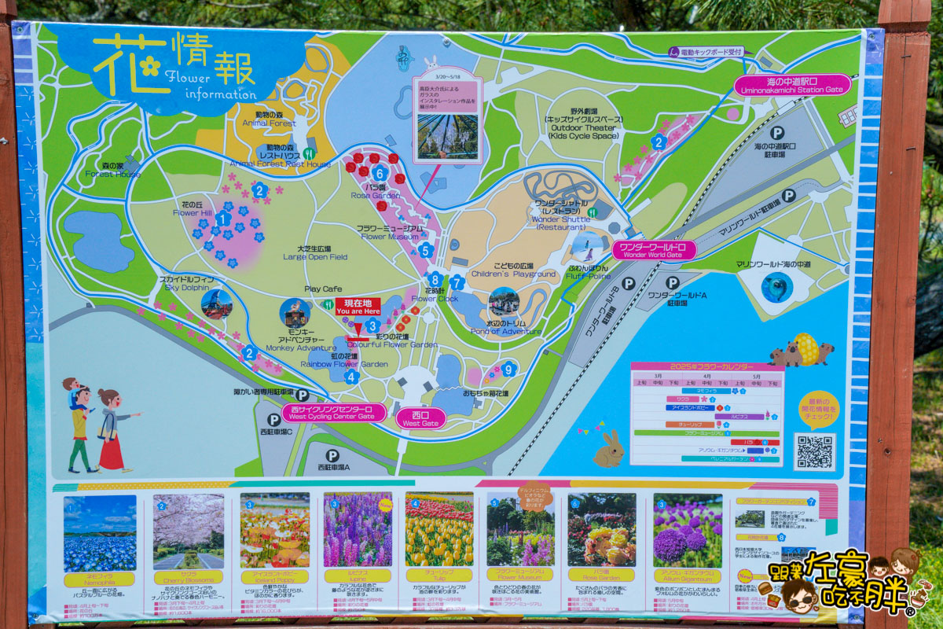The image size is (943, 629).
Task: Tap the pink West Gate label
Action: tap(420, 417)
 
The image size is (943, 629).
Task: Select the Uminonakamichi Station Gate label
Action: tap(792, 85)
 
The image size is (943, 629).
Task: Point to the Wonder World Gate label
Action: tap(653, 250)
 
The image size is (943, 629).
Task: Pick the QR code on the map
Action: tap(814, 451)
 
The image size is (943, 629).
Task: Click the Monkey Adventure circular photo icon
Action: tap(295, 314)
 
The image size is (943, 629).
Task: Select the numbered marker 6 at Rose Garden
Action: tap(380, 173)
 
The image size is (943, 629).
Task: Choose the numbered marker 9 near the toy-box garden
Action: tap(508, 368)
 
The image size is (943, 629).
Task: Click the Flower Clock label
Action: tap(435, 294)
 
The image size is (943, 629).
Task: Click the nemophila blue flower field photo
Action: tap(100, 532)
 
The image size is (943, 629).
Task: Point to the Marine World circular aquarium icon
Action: tap(777, 287)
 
